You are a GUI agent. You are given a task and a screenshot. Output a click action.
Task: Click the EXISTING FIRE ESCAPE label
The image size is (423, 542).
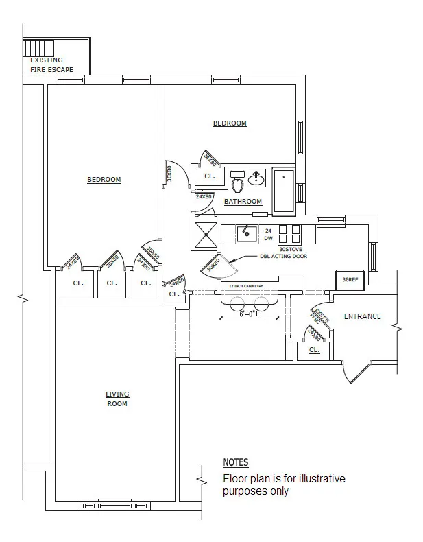pyautogui.click(x=51, y=64)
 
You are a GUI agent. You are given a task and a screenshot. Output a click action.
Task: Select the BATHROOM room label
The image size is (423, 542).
pyautogui.click(x=243, y=202)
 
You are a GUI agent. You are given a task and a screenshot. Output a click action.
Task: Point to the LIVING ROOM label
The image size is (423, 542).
pyautogui.click(x=117, y=399)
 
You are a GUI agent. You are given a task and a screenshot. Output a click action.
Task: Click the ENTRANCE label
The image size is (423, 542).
pyautogui.click(x=362, y=316)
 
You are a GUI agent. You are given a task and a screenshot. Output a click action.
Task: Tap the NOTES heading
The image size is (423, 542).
pyautogui.click(x=236, y=462)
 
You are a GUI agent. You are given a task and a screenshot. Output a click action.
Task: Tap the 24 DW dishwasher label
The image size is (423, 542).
pyautogui.click(x=269, y=234)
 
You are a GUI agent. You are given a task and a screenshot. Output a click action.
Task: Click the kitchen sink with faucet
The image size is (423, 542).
pyautogui.click(x=246, y=233)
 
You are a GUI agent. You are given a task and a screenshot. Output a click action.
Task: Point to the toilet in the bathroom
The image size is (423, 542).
pyautogui.click(x=238, y=183)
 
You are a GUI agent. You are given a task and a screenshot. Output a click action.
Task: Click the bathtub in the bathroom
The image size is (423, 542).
pyautogui.click(x=283, y=190)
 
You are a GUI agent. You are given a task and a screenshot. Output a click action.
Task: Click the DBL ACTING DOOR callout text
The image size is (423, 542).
pyautogui.click(x=283, y=257)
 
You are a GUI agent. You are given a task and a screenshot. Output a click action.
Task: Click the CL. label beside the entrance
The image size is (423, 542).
pyautogui.click(x=314, y=349)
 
